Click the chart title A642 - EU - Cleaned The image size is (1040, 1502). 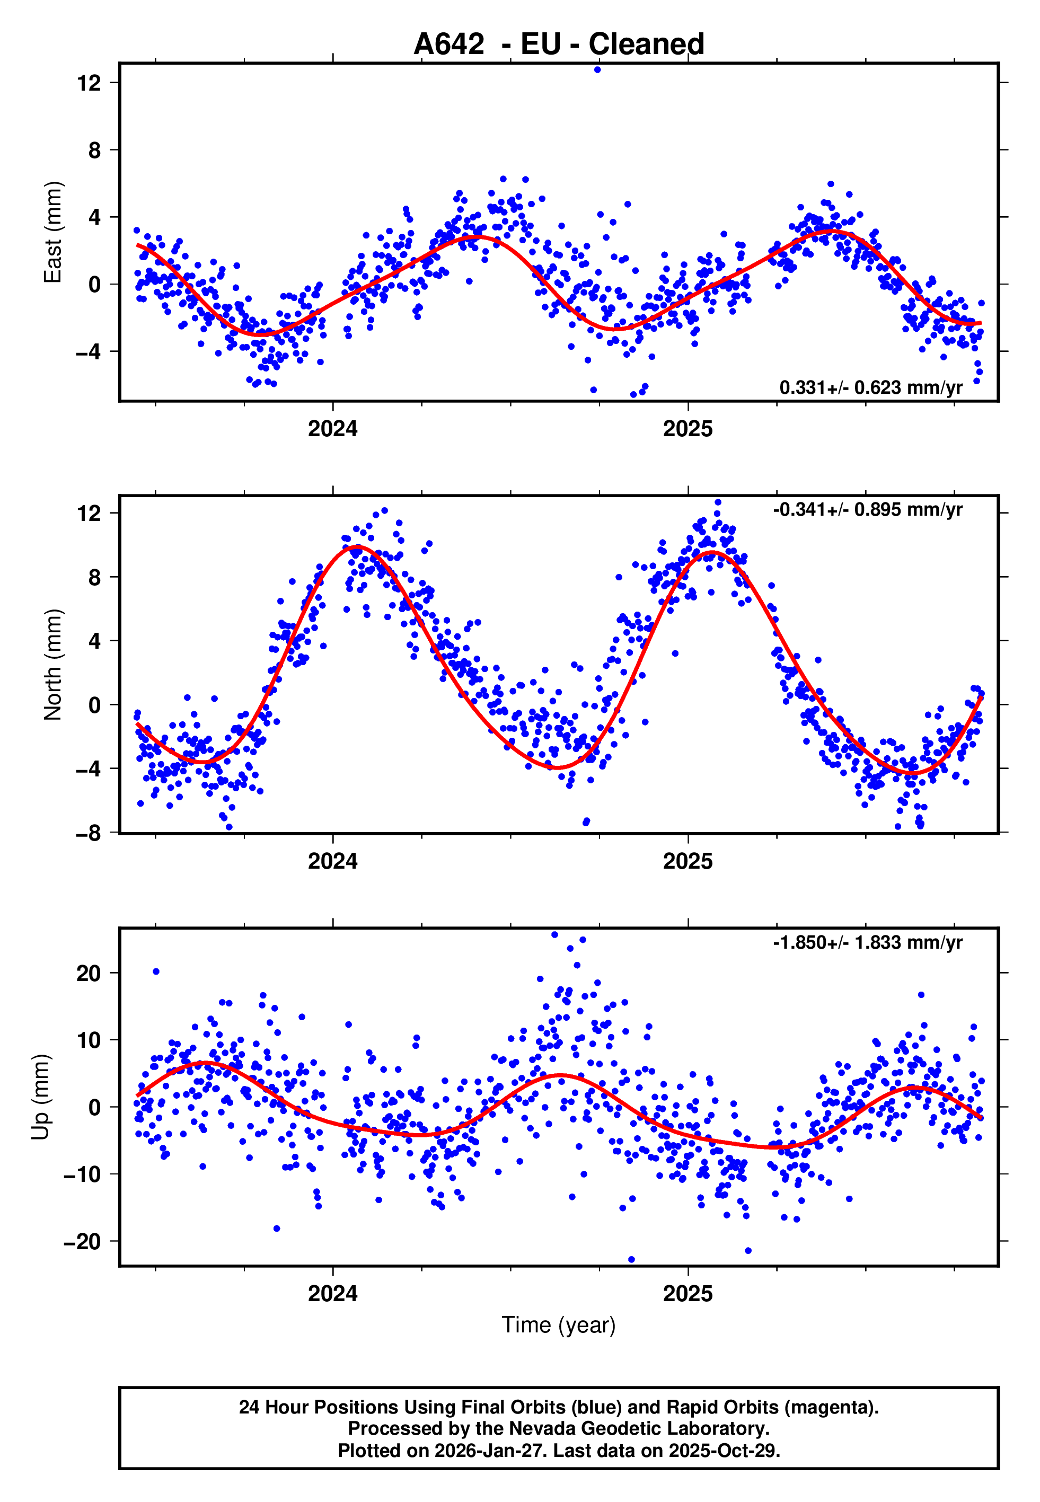click(x=559, y=45)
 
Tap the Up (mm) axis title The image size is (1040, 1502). click(x=40, y=1097)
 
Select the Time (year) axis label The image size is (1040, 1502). click(x=559, y=1325)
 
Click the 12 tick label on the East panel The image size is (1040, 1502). click(x=89, y=83)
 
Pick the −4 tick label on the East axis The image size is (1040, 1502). click(x=89, y=352)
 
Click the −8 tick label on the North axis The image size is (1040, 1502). click(x=89, y=833)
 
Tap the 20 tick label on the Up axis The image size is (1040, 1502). click(x=89, y=973)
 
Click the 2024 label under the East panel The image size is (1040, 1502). click(x=332, y=429)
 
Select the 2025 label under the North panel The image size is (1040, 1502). click(x=688, y=861)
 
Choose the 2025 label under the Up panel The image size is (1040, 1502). click(x=688, y=1294)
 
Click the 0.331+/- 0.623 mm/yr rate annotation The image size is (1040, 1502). click(x=870, y=387)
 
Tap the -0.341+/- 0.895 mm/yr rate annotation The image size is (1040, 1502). click(x=867, y=509)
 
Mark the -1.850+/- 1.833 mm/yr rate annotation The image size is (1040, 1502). click(x=867, y=942)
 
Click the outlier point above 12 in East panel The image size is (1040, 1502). click(x=597, y=69)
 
